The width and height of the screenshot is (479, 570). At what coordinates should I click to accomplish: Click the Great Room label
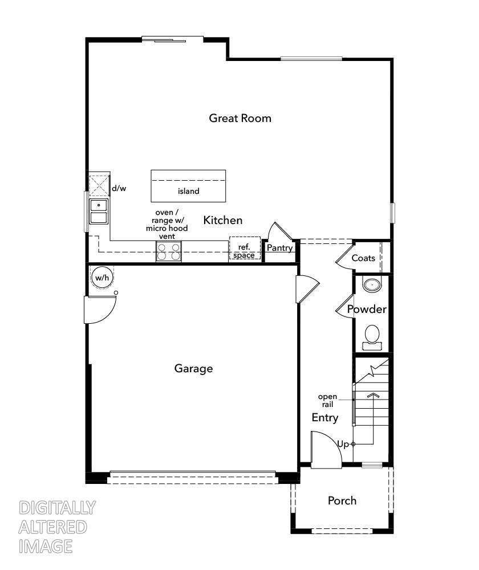pos(239,118)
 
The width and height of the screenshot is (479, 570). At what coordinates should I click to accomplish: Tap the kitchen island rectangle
pos(188,185)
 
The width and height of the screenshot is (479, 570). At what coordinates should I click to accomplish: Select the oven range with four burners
pos(169,251)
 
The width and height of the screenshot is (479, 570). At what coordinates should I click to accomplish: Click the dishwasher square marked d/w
pos(99,186)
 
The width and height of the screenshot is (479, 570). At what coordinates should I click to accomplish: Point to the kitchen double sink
pos(99,211)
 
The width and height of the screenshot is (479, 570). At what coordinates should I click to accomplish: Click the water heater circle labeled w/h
pos(102,278)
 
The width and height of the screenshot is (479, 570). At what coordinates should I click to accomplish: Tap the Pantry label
pos(279,248)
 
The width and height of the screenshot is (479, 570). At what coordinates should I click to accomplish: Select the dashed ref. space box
pos(245,249)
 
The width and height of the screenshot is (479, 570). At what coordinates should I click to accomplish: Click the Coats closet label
pos(363,258)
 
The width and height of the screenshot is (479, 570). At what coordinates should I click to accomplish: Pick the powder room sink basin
pos(372,284)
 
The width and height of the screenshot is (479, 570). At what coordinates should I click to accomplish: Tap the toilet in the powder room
pos(372,335)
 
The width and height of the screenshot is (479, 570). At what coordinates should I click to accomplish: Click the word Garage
pos(193,369)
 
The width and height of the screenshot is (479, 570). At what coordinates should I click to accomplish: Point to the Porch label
pos(342,500)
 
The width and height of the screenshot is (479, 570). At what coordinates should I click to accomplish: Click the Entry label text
pos(324,417)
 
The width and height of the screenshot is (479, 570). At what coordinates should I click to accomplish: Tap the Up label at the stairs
pos(343,443)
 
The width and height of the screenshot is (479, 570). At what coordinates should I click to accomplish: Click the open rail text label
pos(327,401)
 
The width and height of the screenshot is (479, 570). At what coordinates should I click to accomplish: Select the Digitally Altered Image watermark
pos(57,527)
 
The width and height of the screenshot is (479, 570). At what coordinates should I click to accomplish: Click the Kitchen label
pos(223,220)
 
